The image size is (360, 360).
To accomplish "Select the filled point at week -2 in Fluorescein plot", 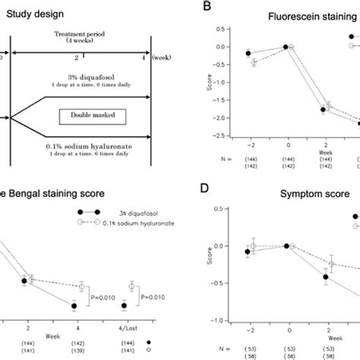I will (248, 52).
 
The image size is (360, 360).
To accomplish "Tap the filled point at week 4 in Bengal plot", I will (74, 306).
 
